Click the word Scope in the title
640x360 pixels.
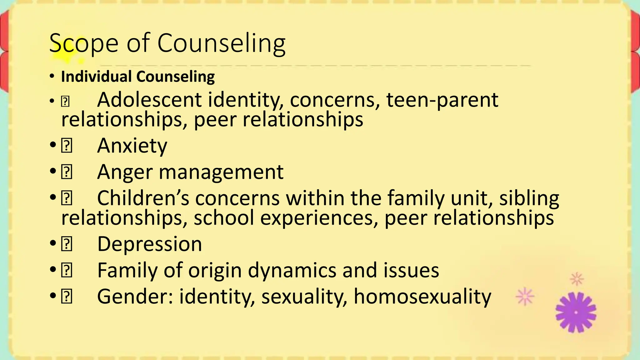point(84,43)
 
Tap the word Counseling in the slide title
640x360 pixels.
point(221,43)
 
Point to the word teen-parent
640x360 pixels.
point(442,100)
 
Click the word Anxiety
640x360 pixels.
point(132,146)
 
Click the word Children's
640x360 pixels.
point(143,198)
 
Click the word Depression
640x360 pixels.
point(149,244)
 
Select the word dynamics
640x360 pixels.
point(292,270)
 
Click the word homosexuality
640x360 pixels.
point(422,297)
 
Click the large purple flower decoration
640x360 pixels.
point(576,312)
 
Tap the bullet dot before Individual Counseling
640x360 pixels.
point(52,77)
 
